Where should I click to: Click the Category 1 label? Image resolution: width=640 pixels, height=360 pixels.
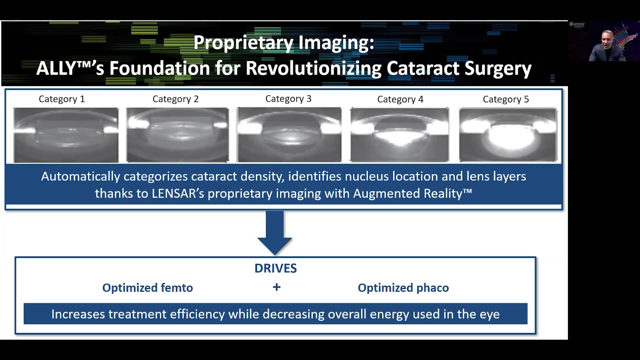pyautogui.click(x=62, y=99)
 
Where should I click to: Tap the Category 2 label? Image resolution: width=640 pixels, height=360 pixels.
pyautogui.click(x=175, y=99)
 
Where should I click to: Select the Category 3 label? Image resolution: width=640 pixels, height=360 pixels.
pyautogui.click(x=288, y=99)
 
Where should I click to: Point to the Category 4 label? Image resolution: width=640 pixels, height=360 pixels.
pyautogui.click(x=400, y=99)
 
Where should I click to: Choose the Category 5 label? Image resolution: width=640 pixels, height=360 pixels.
pyautogui.click(x=506, y=99)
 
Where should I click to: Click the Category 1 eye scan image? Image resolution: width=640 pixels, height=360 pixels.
pyautogui.click(x=66, y=135)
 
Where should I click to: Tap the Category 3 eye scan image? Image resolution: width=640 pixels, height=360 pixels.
pyautogui.click(x=289, y=135)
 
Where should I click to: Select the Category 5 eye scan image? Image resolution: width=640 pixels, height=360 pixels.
pyautogui.click(x=508, y=135)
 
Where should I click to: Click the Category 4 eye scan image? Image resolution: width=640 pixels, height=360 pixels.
pyautogui.click(x=399, y=135)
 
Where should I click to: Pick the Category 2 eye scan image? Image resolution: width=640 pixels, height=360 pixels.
pyautogui.click(x=178, y=135)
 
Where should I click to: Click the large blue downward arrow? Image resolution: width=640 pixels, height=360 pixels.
pyautogui.click(x=275, y=233)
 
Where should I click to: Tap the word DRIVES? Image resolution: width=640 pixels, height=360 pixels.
pyautogui.click(x=276, y=268)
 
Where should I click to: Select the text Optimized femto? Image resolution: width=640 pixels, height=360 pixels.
pyautogui.click(x=147, y=288)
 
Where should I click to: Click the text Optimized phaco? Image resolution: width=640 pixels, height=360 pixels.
pyautogui.click(x=403, y=288)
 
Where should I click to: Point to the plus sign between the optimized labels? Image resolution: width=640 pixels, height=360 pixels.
pyautogui.click(x=277, y=287)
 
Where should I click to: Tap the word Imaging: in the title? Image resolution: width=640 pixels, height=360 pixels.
pyautogui.click(x=336, y=43)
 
